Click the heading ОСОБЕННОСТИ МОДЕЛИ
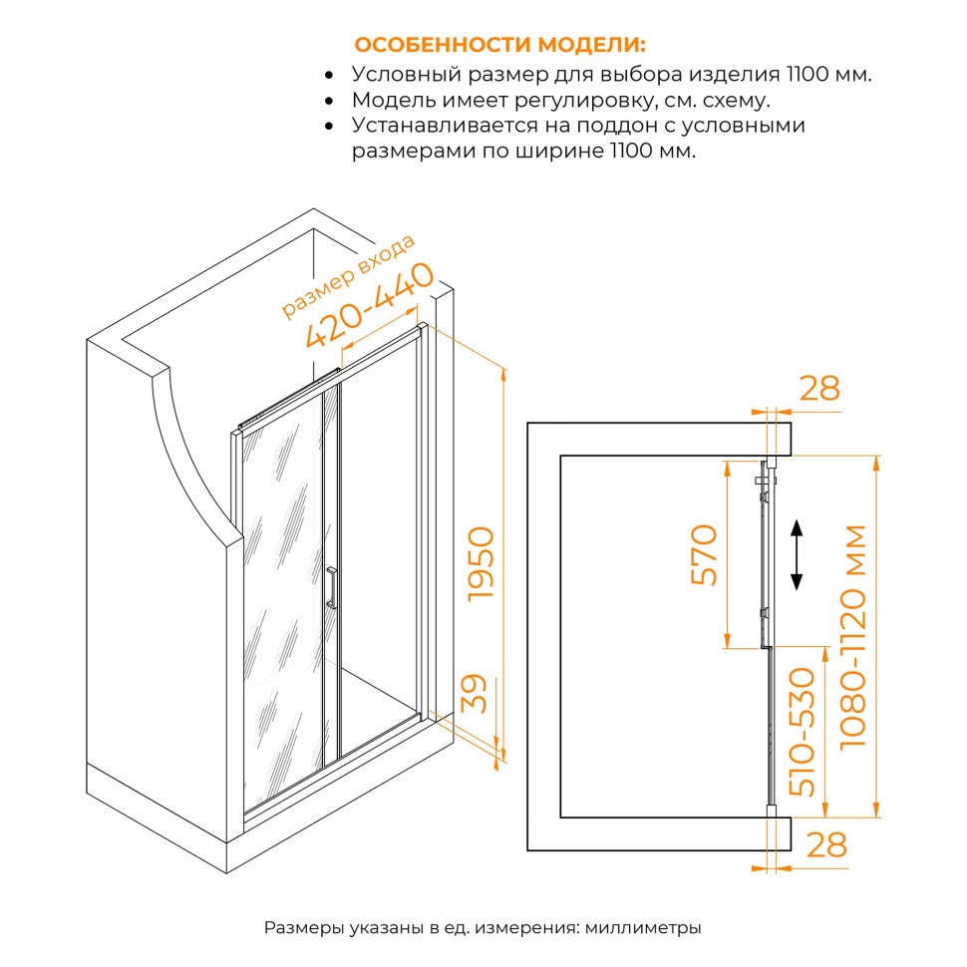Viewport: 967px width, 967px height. [499, 46]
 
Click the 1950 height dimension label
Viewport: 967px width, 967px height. [480, 563]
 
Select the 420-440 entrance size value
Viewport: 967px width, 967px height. [370, 306]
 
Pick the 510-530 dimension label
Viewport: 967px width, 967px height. [804, 732]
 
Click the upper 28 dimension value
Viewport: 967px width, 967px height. [820, 389]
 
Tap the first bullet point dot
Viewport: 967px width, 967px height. [330, 75]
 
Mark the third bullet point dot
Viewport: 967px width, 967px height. [330, 127]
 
